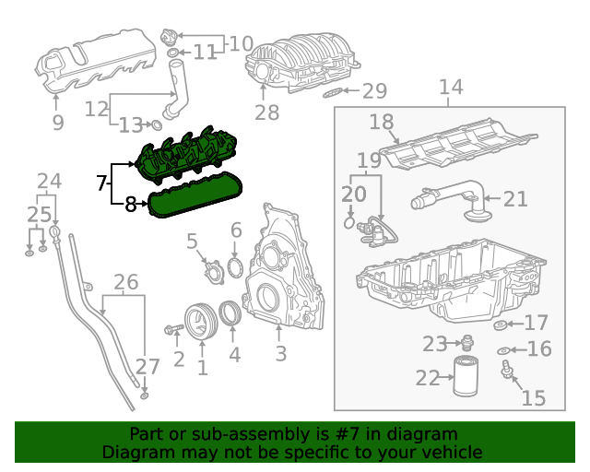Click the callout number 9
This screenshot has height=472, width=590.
point(57,122)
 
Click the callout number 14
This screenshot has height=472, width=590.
point(450,88)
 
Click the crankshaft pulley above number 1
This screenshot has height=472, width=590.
point(198,319)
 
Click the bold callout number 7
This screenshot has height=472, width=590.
point(102,183)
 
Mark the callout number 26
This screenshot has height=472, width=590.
point(124,281)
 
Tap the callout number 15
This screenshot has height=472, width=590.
point(533,397)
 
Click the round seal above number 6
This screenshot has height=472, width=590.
point(234,266)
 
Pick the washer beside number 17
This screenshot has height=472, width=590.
point(501,324)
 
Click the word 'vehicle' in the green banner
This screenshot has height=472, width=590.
point(451,453)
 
